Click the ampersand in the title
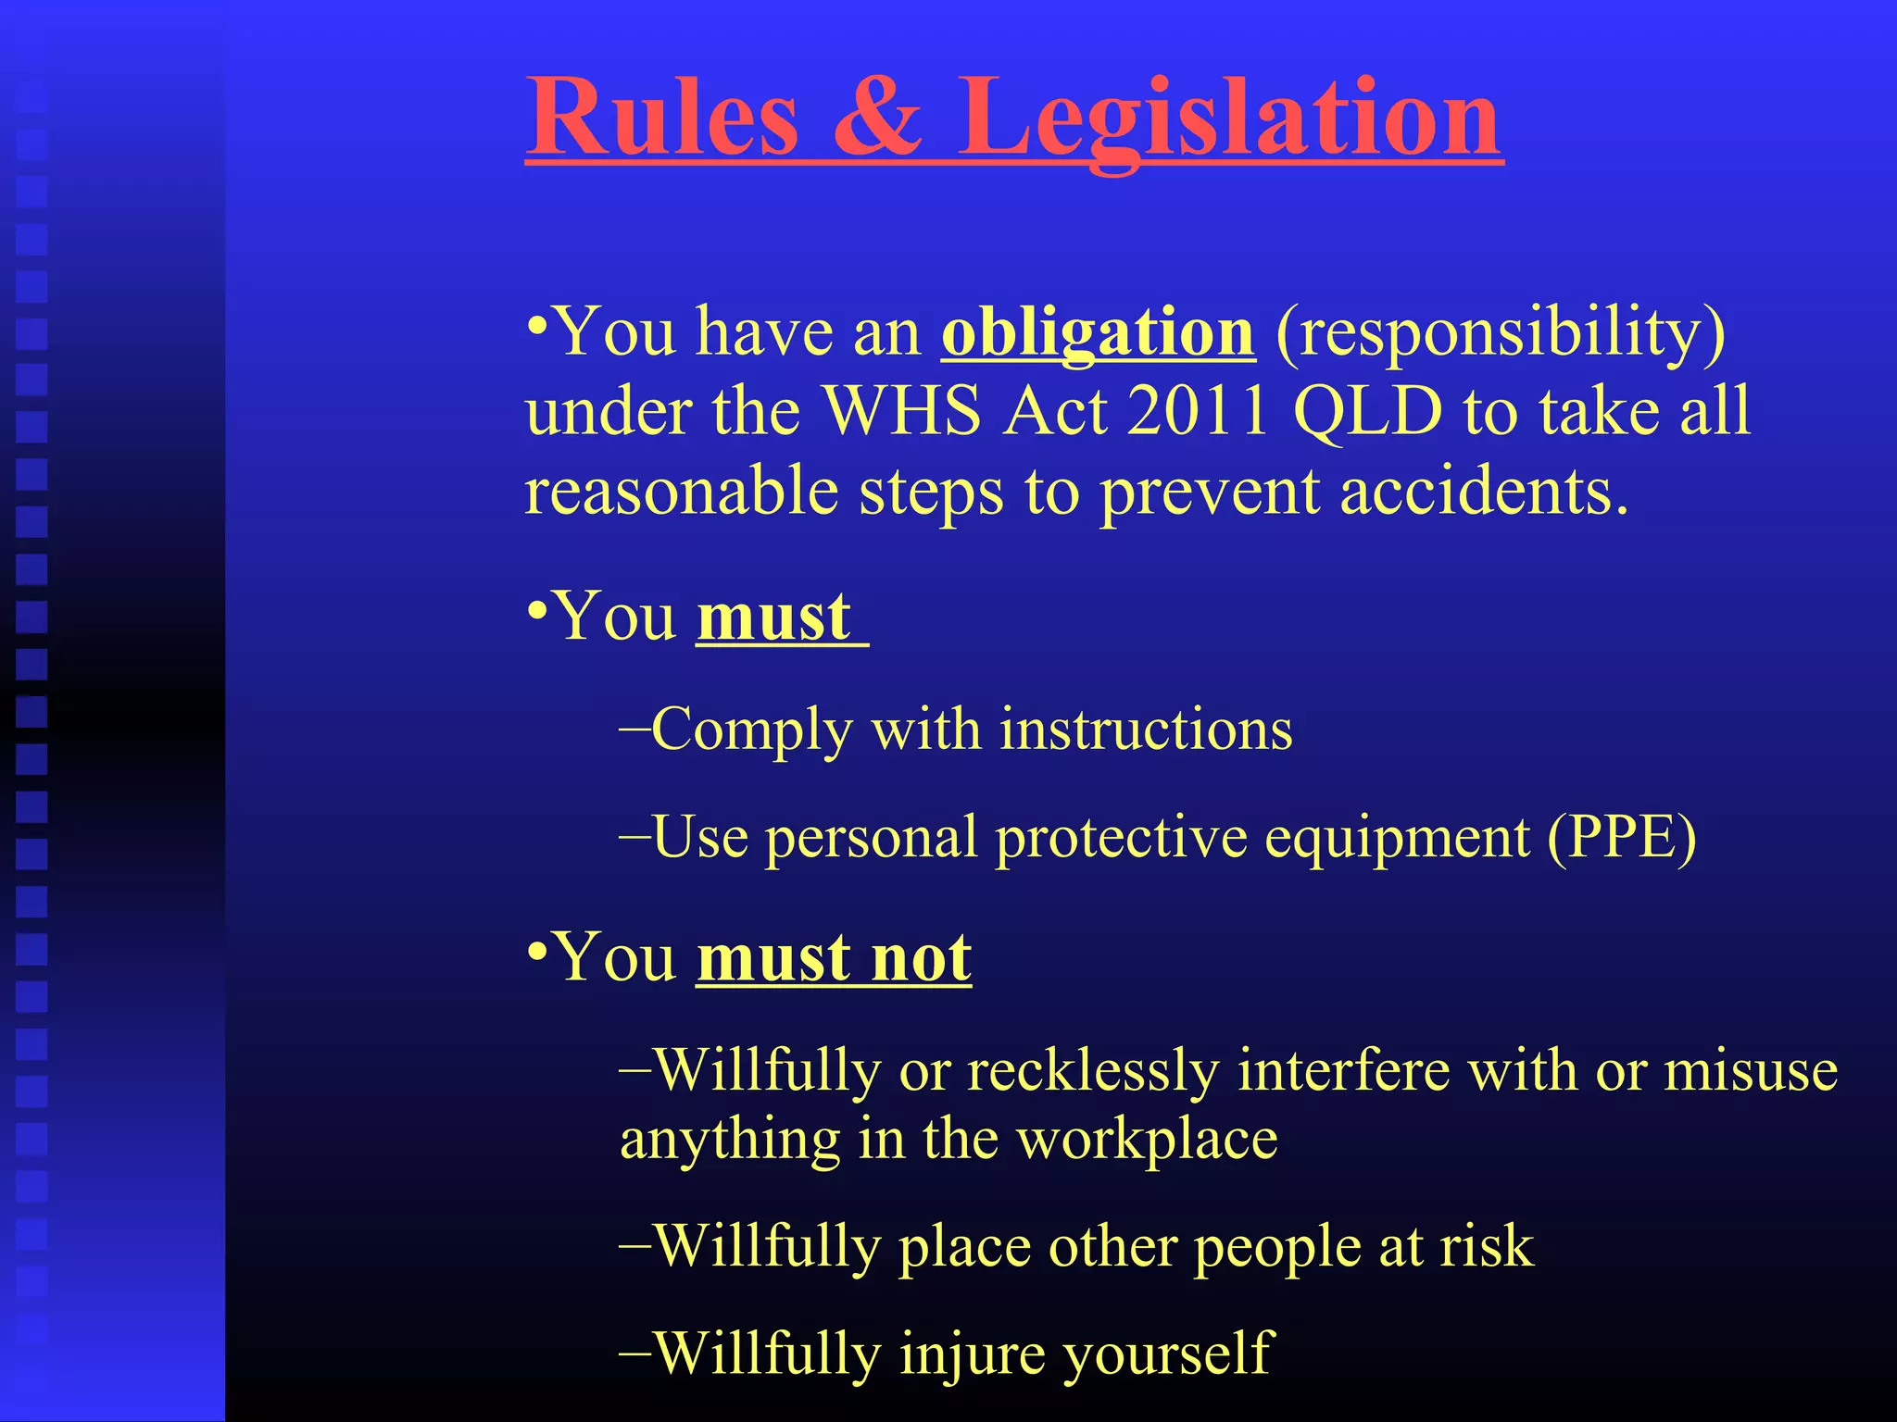[876, 118]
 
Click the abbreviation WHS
[902, 411]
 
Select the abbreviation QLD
[1367, 411]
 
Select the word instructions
[1146, 730]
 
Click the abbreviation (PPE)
[1621, 838]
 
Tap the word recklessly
[1093, 1072]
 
